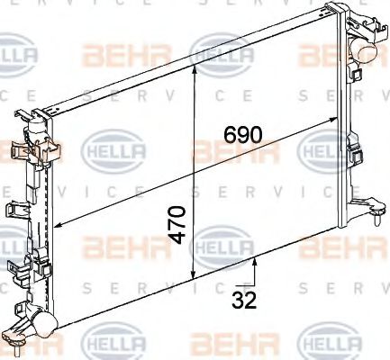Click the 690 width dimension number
[x=243, y=135]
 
